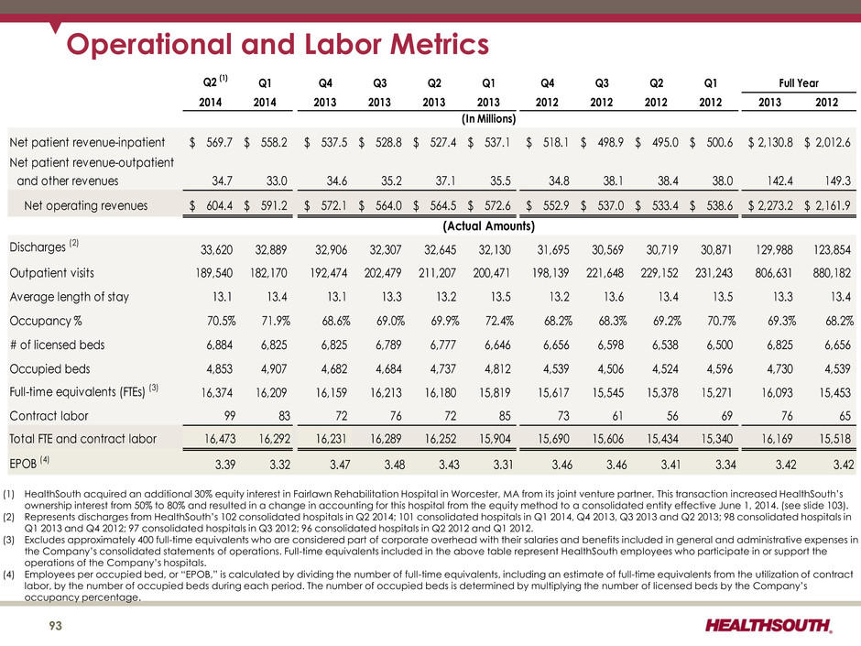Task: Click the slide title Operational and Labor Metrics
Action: pyautogui.click(x=278, y=44)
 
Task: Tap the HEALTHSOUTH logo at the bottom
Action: pyautogui.click(x=768, y=625)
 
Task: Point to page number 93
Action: pyautogui.click(x=56, y=626)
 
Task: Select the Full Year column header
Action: pyautogui.click(x=799, y=83)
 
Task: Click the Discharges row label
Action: pyautogui.click(x=38, y=247)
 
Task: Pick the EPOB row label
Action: pyautogui.click(x=23, y=464)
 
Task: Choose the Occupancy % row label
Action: pyautogui.click(x=46, y=321)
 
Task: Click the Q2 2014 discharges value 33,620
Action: pyautogui.click(x=216, y=250)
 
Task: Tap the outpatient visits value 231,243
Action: pyautogui.click(x=714, y=273)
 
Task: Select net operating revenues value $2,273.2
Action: pyautogui.click(x=770, y=205)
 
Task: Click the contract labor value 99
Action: pyautogui.click(x=230, y=416)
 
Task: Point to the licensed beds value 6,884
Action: pyautogui.click(x=220, y=345)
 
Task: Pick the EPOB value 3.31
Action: pyautogui.click(x=503, y=465)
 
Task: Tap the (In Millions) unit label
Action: pyautogui.click(x=489, y=119)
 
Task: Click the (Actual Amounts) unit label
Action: pyautogui.click(x=489, y=226)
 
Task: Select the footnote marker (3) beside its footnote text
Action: pyautogui.click(x=9, y=540)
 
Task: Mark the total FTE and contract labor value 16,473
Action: pyautogui.click(x=220, y=439)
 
